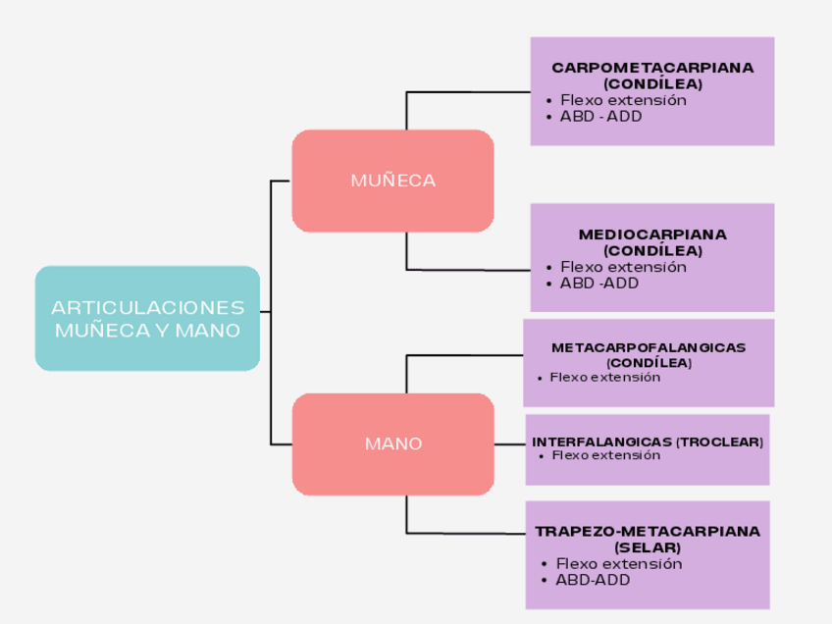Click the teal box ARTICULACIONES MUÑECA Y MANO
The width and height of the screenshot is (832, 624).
(x=147, y=318)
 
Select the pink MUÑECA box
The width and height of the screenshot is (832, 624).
(x=392, y=181)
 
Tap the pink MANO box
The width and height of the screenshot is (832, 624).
(x=392, y=443)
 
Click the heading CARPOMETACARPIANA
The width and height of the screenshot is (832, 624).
(x=652, y=68)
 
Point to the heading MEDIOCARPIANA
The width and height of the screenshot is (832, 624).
(x=652, y=234)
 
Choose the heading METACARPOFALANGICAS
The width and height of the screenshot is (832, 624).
(x=649, y=347)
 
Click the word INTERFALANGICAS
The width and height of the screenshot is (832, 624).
(x=601, y=442)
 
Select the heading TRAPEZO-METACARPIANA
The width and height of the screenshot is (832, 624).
(x=648, y=531)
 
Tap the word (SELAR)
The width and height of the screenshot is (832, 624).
(x=648, y=546)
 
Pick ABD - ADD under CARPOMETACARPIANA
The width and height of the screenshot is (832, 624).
(x=600, y=116)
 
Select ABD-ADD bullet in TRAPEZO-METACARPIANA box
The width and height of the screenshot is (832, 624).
(x=593, y=579)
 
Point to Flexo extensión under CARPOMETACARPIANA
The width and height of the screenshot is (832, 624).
(x=623, y=100)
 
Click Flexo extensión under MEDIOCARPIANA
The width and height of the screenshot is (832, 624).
(x=623, y=267)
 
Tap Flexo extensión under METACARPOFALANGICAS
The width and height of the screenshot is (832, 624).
(x=604, y=377)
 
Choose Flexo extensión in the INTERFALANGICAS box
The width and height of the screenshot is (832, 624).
(x=606, y=455)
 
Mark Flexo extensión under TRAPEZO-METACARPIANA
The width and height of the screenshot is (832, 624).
(x=618, y=563)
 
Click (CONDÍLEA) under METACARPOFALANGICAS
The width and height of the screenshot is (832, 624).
(x=649, y=362)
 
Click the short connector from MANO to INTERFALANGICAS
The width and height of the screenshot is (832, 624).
(x=509, y=443)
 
